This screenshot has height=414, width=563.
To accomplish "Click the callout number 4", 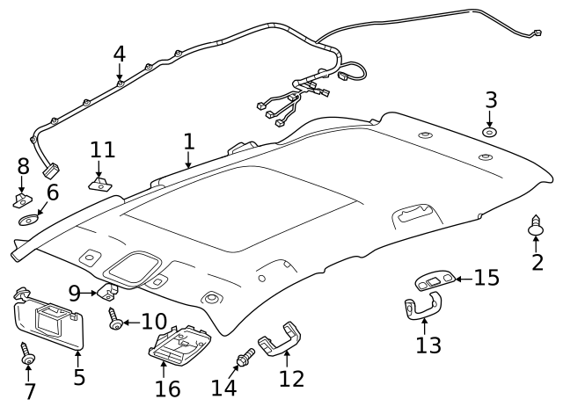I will [119, 54].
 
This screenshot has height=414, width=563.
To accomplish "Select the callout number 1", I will [188, 142].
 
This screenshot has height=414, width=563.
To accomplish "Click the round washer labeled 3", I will [490, 132].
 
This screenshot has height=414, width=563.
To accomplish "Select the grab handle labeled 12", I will [280, 339].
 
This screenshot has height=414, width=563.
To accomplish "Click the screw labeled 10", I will [114, 323].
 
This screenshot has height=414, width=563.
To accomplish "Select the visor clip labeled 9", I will [109, 291].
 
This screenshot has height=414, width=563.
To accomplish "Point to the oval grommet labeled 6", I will [30, 219].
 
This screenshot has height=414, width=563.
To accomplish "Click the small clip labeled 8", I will [22, 200].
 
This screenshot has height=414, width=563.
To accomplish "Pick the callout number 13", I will [428, 345].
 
